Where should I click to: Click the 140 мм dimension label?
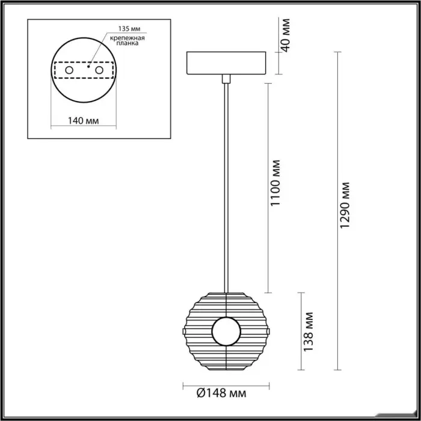(83, 121)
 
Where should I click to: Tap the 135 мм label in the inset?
(129, 29)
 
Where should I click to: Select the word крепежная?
(128, 38)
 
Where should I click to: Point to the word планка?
(128, 43)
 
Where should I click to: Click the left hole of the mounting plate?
(69, 70)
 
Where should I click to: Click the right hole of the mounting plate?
(99, 70)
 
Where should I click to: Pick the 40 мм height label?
(285, 35)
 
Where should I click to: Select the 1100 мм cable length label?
(275, 183)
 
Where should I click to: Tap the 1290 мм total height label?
(345, 206)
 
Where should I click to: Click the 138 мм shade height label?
(308, 331)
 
